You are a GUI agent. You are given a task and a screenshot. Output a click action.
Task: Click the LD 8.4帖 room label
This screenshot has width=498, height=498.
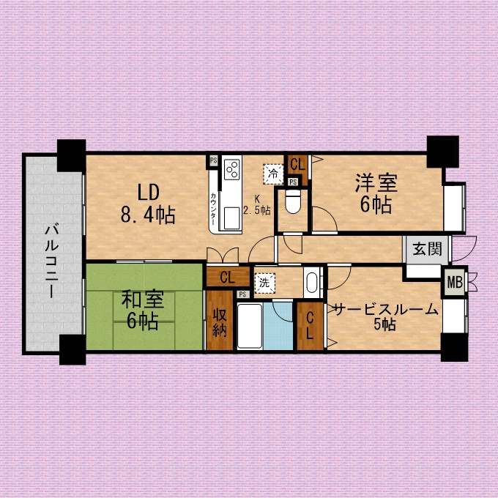click(148, 204)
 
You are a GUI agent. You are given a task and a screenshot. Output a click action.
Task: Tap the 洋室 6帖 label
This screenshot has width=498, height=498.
click(376, 193)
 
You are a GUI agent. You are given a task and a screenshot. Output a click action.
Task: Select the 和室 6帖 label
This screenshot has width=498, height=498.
click(143, 311)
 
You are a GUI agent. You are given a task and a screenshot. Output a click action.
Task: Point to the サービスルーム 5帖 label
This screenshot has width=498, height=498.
click(386, 316)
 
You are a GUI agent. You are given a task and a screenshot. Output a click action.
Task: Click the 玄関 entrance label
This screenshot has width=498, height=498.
click(428, 249)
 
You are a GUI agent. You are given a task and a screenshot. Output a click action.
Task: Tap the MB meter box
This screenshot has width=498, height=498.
click(455, 283)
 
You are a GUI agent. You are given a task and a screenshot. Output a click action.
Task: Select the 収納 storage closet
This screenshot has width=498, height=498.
click(220, 320)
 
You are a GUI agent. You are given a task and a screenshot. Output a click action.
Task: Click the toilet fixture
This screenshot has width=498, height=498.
click(292, 201)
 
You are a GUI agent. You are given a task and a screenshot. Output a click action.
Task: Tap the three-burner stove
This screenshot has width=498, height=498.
click(232, 170)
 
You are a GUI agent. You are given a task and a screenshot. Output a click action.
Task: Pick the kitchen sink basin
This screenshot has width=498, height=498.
click(232, 218)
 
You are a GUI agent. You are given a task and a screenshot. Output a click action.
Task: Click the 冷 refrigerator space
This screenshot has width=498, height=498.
click(273, 174)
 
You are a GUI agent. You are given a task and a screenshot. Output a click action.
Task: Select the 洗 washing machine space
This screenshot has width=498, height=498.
click(264, 283)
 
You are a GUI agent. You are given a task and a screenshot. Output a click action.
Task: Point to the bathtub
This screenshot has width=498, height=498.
click(250, 326)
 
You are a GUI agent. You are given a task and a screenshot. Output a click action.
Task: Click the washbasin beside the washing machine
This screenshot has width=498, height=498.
click(312, 283)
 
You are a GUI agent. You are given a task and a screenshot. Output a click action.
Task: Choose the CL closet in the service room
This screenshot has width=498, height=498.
click(310, 326)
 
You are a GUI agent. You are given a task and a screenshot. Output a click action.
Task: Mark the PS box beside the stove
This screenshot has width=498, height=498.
click(213, 160)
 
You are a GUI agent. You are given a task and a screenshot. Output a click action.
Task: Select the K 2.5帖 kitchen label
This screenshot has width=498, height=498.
click(256, 205)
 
